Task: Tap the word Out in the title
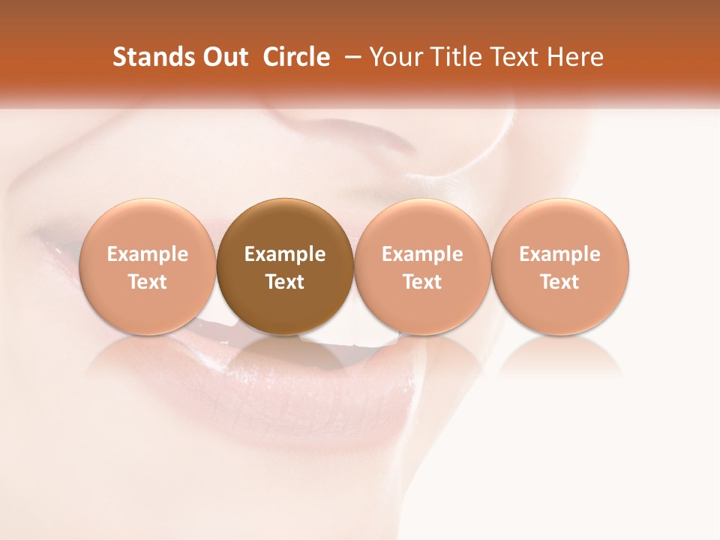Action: point(225,57)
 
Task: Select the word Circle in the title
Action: point(296,57)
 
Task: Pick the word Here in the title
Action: point(576,57)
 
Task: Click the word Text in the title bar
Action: point(516,57)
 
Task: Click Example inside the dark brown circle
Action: point(285,254)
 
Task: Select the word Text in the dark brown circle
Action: point(285,282)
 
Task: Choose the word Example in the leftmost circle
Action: point(148,254)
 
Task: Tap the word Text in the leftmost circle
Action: point(148,282)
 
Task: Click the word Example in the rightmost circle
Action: point(559,254)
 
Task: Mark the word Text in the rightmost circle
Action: point(559,282)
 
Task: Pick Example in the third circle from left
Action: point(422,254)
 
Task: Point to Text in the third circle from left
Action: point(422,282)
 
